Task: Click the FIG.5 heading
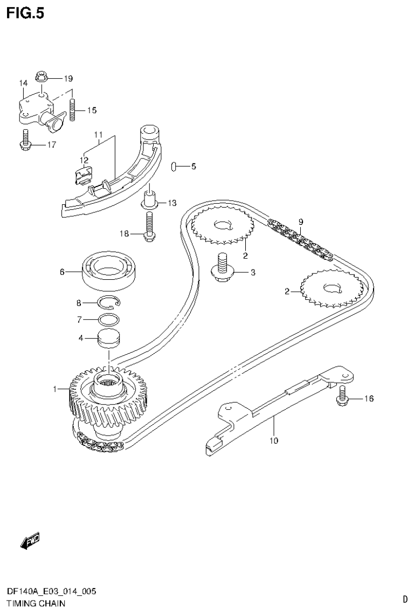click(x=25, y=12)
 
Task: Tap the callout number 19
click(x=68, y=78)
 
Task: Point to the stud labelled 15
click(x=72, y=109)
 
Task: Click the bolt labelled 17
click(x=24, y=140)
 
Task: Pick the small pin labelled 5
click(x=174, y=167)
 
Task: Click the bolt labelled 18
click(x=148, y=226)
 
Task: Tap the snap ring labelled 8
click(x=112, y=304)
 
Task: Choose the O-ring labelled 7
click(x=109, y=319)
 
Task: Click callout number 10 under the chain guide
click(x=274, y=441)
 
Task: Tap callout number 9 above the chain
click(x=301, y=221)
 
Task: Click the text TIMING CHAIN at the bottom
click(x=36, y=604)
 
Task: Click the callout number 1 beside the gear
click(x=55, y=388)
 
